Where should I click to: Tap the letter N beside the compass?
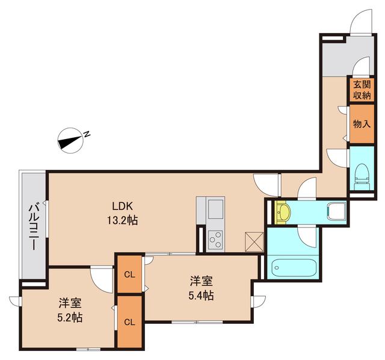(x=87, y=134)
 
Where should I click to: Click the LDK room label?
(x=118, y=203)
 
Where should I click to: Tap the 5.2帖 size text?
(x=70, y=317)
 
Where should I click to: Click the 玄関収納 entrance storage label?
(x=361, y=90)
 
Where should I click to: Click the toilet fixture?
(x=362, y=173)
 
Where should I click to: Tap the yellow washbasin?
(x=283, y=212)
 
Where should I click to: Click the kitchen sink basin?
(x=215, y=211)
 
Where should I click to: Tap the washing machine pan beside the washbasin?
(x=335, y=211)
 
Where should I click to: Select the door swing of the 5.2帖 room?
(x=100, y=279)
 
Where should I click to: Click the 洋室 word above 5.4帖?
(x=201, y=281)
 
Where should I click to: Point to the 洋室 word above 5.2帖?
(x=70, y=303)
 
